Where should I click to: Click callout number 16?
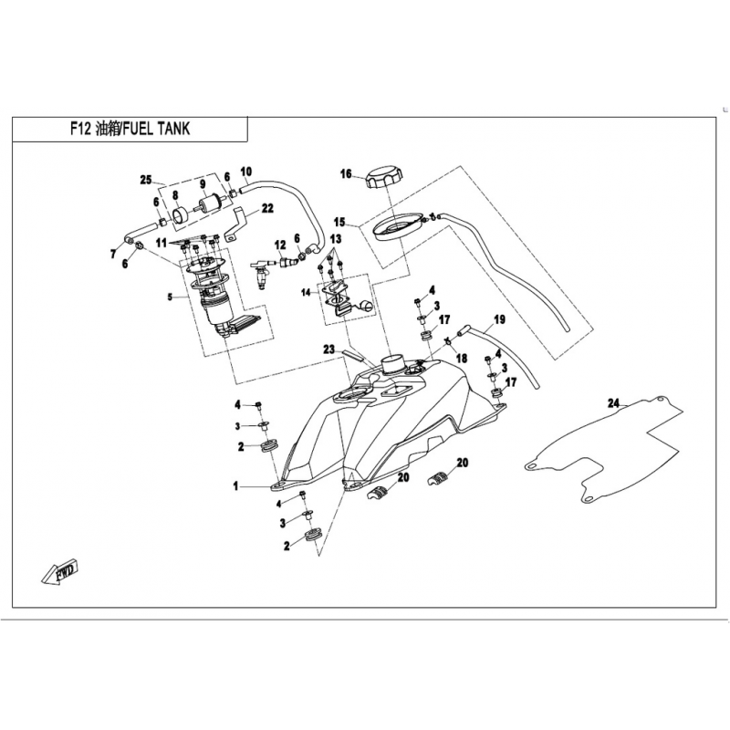[x=347, y=173]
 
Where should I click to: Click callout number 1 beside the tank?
[x=235, y=487]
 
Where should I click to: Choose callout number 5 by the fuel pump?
[x=170, y=297]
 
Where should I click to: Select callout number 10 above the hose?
[x=245, y=172]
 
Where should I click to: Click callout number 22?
[x=267, y=208]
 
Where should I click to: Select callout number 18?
[x=463, y=358]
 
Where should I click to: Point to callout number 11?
[x=162, y=243]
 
